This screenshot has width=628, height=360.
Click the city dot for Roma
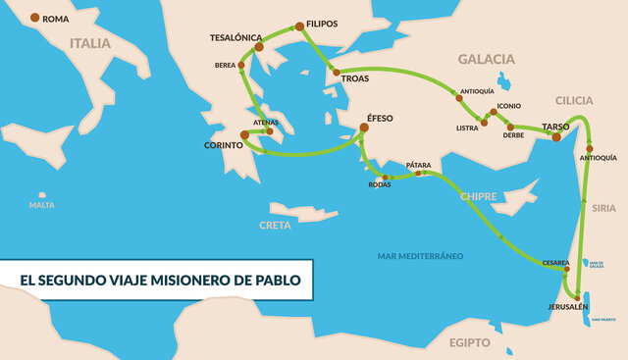[x=36, y=18]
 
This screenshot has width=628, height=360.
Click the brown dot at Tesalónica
[x=259, y=46]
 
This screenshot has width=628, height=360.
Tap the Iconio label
[x=509, y=105]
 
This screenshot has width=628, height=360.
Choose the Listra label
[x=467, y=129]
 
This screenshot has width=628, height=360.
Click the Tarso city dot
[x=556, y=137]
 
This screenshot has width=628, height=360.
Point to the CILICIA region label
[x=574, y=101]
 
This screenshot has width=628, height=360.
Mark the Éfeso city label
[x=380, y=119]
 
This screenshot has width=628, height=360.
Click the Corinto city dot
[x=244, y=135]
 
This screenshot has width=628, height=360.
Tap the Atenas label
[x=266, y=122]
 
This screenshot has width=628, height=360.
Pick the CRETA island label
[x=275, y=225]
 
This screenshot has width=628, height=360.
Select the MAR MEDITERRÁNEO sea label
[x=420, y=256]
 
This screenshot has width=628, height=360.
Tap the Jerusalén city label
[x=567, y=308]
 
